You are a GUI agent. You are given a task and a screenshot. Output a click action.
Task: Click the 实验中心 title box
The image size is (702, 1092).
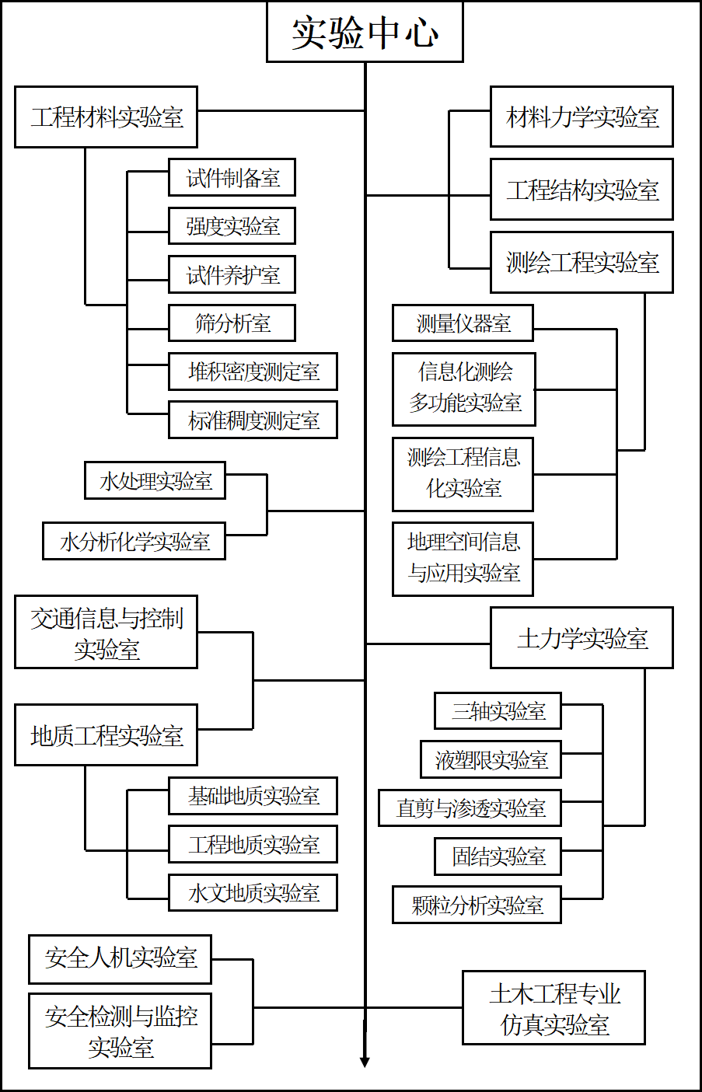(x=365, y=32)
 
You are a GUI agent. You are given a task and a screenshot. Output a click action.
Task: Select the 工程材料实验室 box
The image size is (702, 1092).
(x=106, y=117)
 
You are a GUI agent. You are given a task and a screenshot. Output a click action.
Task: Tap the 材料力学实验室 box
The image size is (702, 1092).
(x=582, y=117)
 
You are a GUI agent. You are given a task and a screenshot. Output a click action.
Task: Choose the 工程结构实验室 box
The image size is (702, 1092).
(x=582, y=190)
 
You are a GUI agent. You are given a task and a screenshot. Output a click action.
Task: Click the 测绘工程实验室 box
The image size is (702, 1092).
(x=582, y=263)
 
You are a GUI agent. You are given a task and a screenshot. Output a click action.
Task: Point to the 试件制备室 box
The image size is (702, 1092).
(x=232, y=178)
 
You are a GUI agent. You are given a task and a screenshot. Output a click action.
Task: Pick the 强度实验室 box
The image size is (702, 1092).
(x=232, y=226)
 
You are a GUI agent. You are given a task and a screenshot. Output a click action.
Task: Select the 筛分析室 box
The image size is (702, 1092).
(x=232, y=323)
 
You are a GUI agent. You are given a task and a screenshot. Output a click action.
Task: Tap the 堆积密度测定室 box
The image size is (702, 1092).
(x=253, y=372)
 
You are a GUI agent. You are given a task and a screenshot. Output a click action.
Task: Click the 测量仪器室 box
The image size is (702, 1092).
(x=463, y=323)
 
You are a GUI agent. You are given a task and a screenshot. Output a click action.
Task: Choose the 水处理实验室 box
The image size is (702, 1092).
(x=155, y=480)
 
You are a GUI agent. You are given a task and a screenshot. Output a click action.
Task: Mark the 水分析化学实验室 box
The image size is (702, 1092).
(x=134, y=541)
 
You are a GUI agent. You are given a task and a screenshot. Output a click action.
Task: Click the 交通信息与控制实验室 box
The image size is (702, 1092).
(x=106, y=633)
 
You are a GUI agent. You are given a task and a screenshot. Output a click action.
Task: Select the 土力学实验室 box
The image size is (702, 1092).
(x=582, y=638)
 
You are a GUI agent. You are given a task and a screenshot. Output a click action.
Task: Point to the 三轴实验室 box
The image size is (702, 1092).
(x=498, y=710)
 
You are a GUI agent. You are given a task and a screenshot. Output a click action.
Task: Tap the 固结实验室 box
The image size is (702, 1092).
(x=498, y=857)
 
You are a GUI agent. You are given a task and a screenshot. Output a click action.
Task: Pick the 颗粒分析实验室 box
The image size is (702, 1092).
(x=477, y=905)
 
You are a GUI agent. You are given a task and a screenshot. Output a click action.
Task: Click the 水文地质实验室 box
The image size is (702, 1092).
(x=253, y=892)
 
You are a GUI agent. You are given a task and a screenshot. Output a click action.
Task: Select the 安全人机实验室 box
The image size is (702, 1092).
(x=120, y=959)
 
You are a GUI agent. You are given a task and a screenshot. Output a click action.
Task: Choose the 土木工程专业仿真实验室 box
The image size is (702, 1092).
(x=554, y=1008)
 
